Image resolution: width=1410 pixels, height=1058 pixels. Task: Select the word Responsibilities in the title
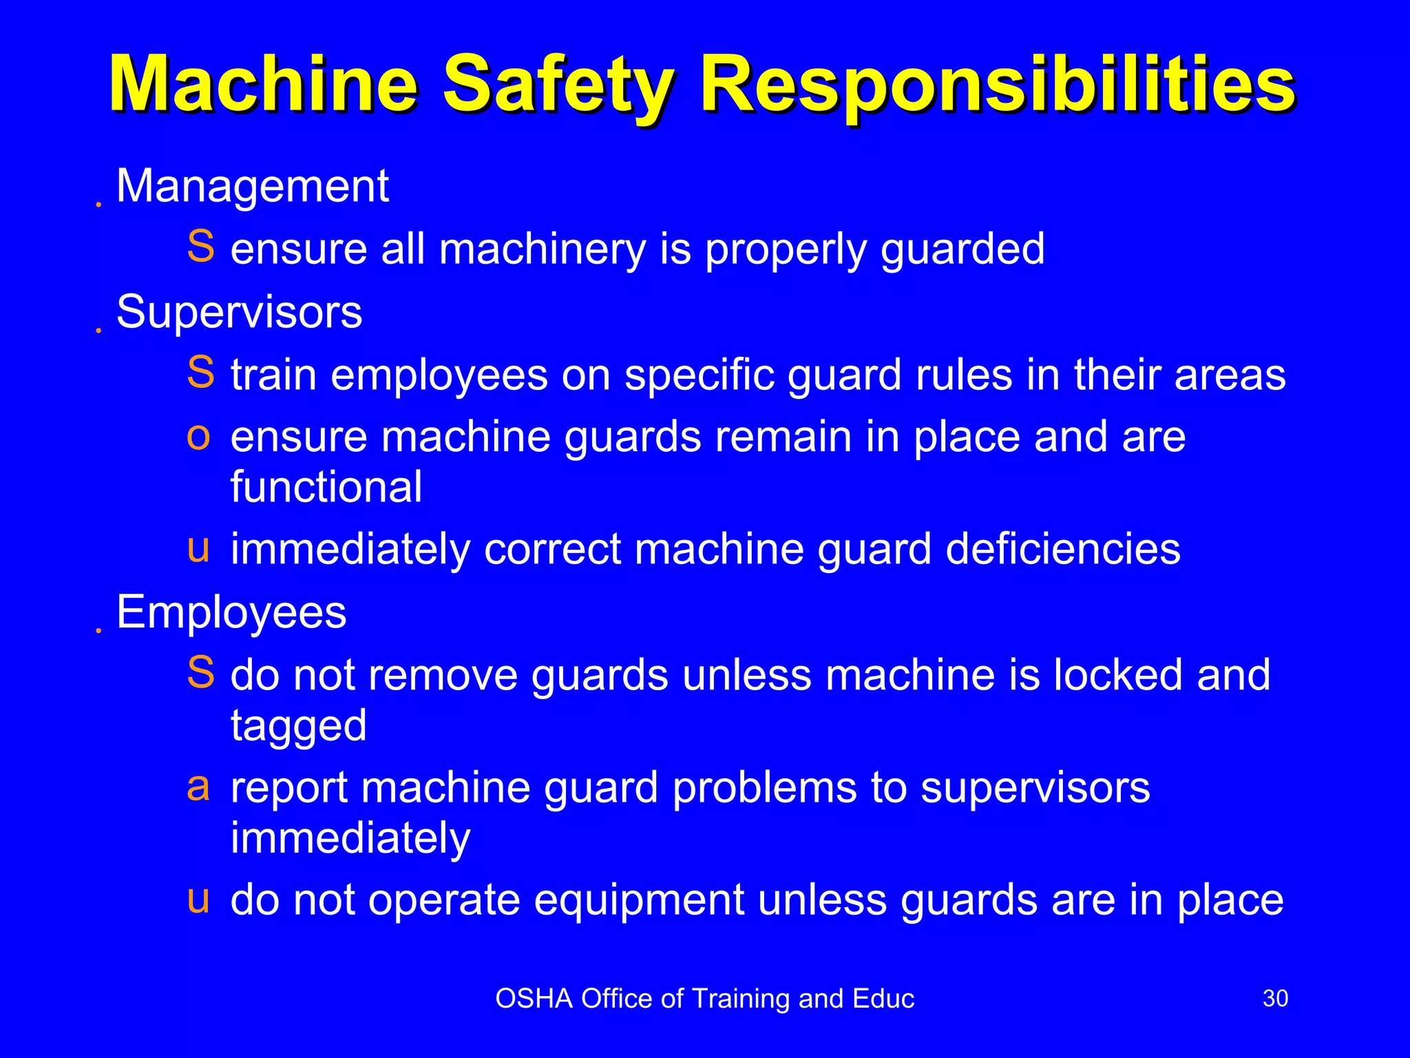tap(998, 85)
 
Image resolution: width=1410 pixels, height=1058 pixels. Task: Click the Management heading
tap(253, 186)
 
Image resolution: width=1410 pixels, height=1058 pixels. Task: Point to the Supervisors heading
tap(239, 312)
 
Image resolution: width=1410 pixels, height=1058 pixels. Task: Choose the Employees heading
tap(231, 612)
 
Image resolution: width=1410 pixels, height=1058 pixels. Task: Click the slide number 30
tap(1275, 998)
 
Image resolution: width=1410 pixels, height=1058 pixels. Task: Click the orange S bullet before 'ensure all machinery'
tap(200, 247)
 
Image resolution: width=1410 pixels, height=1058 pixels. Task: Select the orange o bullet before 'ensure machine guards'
tap(198, 437)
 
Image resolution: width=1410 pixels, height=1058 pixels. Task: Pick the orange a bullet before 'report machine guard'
tap(198, 787)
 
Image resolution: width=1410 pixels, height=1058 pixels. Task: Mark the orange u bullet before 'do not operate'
tap(198, 900)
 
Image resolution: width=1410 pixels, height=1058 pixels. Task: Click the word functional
tap(326, 487)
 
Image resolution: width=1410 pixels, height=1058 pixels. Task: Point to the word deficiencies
tap(1063, 550)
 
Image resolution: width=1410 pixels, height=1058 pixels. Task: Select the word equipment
tap(638, 900)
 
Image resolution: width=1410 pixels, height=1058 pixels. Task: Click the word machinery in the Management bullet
tap(543, 249)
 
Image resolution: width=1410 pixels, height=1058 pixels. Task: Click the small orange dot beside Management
tap(99, 205)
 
